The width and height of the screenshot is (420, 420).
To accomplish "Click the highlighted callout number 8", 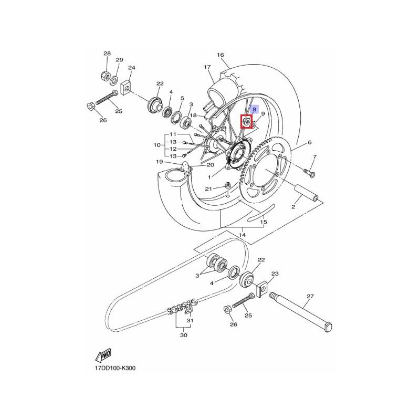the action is point(254,109).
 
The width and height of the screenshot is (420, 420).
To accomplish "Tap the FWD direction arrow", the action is point(103,355).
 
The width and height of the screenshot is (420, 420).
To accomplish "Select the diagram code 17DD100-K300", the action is point(115,368).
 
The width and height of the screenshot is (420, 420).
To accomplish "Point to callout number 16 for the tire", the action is point(220,55).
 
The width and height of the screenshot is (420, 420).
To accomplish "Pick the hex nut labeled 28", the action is point(104,76).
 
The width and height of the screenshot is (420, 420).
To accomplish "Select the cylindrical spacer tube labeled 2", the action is point(307,193).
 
